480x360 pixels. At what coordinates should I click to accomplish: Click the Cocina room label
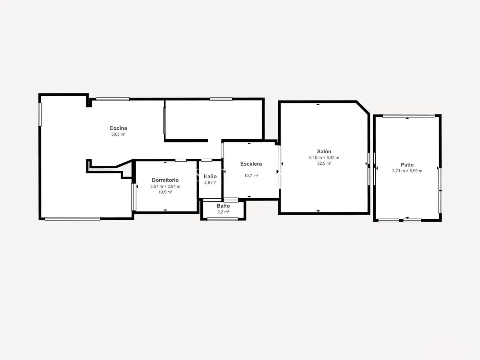[118, 128]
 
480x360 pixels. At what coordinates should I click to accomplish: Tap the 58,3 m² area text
[118, 134]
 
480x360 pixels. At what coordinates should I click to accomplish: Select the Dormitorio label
[165, 180]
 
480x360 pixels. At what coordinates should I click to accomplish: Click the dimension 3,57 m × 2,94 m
[165, 186]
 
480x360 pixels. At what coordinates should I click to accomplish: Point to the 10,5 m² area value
[165, 192]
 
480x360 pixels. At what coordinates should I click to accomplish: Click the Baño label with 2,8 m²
[210, 176]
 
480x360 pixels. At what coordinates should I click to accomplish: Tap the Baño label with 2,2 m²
[223, 206]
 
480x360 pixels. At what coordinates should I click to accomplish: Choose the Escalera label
[251, 164]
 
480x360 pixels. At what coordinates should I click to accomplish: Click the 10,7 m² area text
[251, 176]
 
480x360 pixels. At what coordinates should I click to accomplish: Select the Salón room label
[324, 151]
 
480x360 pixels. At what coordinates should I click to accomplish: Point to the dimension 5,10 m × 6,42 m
[324, 157]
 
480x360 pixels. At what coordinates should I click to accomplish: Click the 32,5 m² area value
[324, 163]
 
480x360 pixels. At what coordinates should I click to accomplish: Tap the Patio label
[407, 165]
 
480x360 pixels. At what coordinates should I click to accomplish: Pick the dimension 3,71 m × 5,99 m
[407, 171]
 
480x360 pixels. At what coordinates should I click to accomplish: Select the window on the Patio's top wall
[409, 115]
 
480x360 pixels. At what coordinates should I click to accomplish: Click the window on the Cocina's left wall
[40, 114]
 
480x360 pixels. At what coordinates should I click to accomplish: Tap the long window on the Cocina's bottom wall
[72, 219]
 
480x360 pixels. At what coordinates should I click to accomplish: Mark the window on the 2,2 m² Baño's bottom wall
[223, 219]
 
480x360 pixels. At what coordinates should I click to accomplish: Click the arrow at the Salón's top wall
[318, 104]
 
